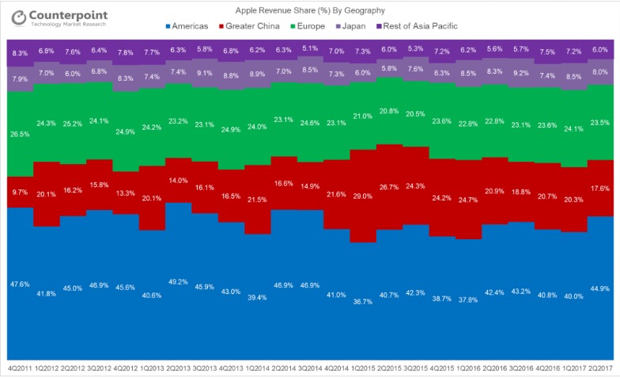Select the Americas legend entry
click(x=187, y=26)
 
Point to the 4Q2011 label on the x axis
click(x=20, y=369)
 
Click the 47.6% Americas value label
click(x=21, y=283)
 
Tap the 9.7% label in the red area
click(x=21, y=192)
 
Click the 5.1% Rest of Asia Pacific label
click(x=311, y=48)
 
